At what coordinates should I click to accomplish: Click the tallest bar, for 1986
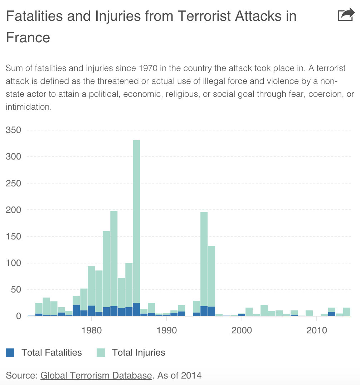tap(136, 215)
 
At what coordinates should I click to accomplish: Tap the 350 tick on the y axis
tap(13, 130)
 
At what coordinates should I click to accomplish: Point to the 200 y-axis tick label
tap(13, 210)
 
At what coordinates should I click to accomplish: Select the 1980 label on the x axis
tap(92, 330)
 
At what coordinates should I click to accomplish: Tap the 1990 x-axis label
tap(166, 330)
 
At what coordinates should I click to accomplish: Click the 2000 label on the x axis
tap(242, 330)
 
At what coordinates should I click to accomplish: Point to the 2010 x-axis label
tap(317, 330)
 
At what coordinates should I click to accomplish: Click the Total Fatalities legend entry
tap(52, 353)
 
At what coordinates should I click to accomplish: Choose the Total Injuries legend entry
tap(138, 353)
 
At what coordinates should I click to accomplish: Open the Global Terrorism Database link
tap(96, 376)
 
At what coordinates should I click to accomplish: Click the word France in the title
tap(28, 37)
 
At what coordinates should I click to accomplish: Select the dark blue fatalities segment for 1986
tap(136, 309)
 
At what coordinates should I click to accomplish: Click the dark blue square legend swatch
tap(10, 353)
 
